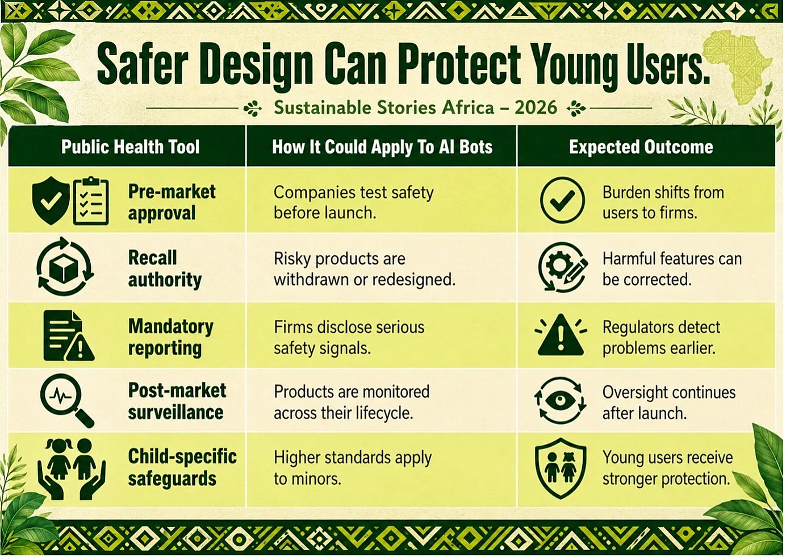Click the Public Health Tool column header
(131, 147)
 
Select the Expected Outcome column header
(641, 147)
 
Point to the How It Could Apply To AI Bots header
(382, 147)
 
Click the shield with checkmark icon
(51, 200)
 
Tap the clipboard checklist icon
(91, 201)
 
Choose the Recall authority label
(165, 269)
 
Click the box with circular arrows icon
(65, 266)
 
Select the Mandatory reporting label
(170, 338)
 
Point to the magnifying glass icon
(67, 400)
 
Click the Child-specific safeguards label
(182, 467)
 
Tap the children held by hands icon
(71, 469)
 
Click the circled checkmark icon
(562, 200)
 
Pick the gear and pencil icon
(563, 267)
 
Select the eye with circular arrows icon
(560, 401)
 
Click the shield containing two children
(561, 468)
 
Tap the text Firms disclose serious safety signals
(349, 338)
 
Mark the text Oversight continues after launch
(669, 402)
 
